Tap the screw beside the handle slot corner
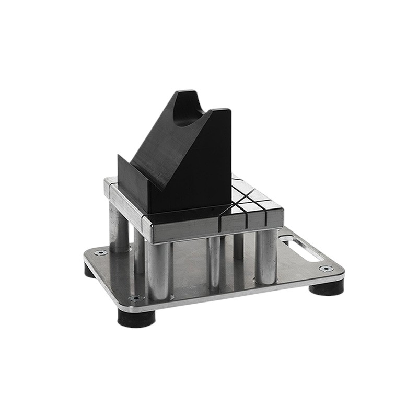326,269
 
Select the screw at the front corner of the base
136,298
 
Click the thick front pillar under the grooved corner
265,256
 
